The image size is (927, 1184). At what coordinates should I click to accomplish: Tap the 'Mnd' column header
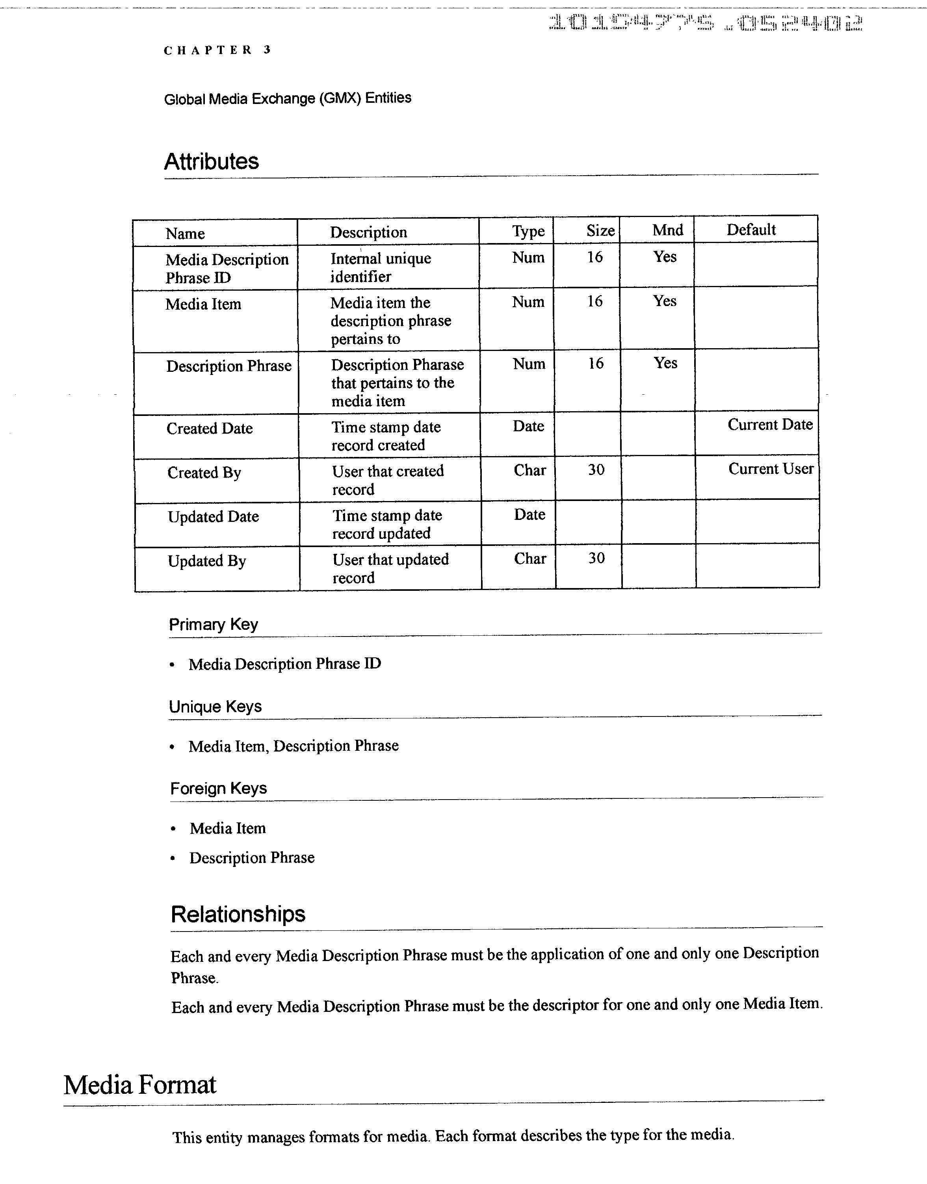667,230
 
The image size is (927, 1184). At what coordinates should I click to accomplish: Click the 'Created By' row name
204,473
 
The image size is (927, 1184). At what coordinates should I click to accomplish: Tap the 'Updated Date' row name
213,517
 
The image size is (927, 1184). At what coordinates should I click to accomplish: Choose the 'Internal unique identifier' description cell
381,267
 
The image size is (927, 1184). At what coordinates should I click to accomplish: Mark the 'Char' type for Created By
530,470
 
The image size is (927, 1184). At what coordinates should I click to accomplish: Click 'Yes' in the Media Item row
664,301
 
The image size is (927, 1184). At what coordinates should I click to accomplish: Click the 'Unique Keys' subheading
215,707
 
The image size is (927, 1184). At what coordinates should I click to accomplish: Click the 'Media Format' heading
139,1085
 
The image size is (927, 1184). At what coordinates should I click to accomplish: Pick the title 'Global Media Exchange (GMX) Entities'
288,98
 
